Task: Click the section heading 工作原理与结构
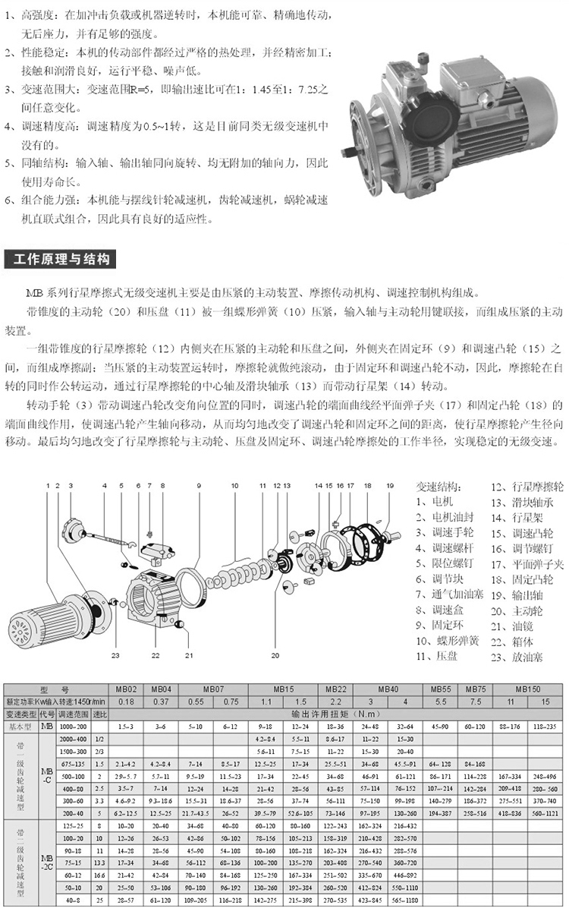click(x=61, y=260)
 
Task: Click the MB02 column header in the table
click(x=127, y=689)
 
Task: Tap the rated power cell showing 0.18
click(x=127, y=701)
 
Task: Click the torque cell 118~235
click(x=544, y=727)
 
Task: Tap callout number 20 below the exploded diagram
click(x=275, y=654)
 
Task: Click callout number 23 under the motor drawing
click(x=115, y=654)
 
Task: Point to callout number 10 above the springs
click(x=235, y=484)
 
